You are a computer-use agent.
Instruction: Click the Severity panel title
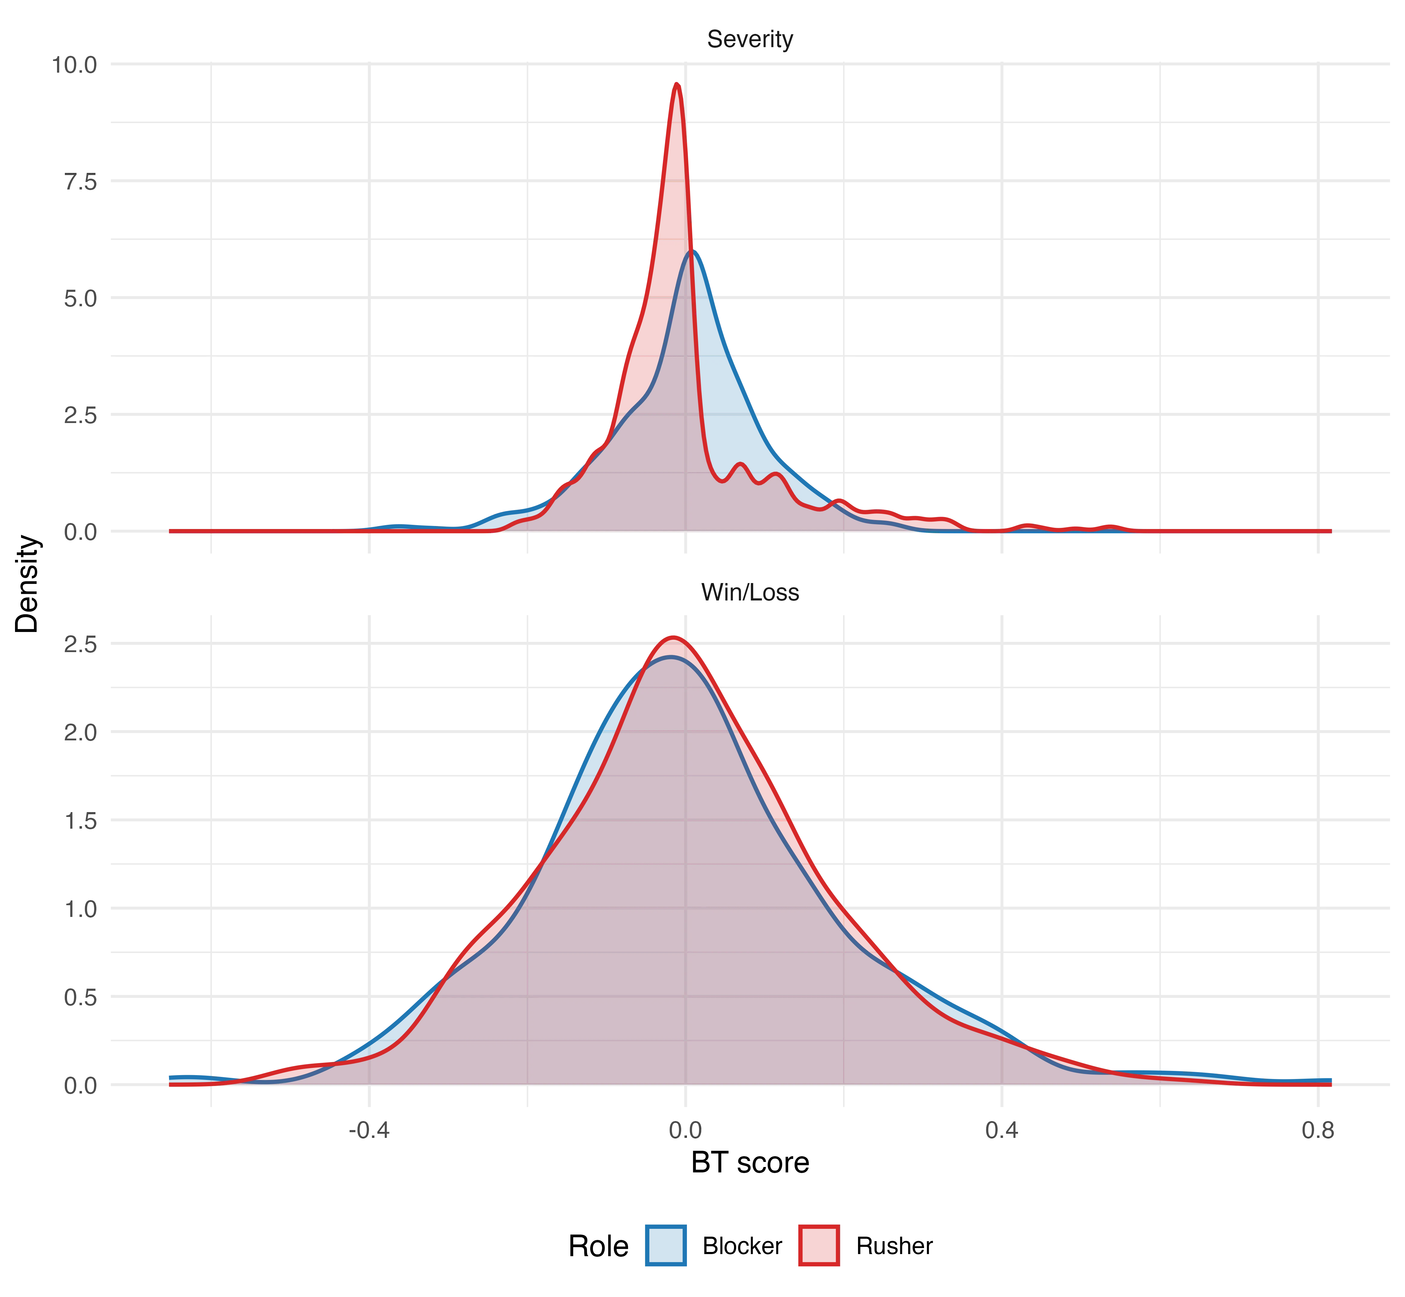coord(750,39)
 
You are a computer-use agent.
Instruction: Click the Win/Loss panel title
coord(750,592)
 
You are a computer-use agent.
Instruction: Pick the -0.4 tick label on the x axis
coord(369,1130)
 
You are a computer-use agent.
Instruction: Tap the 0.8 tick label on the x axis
coord(1318,1130)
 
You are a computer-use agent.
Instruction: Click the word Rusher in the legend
coord(894,1247)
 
